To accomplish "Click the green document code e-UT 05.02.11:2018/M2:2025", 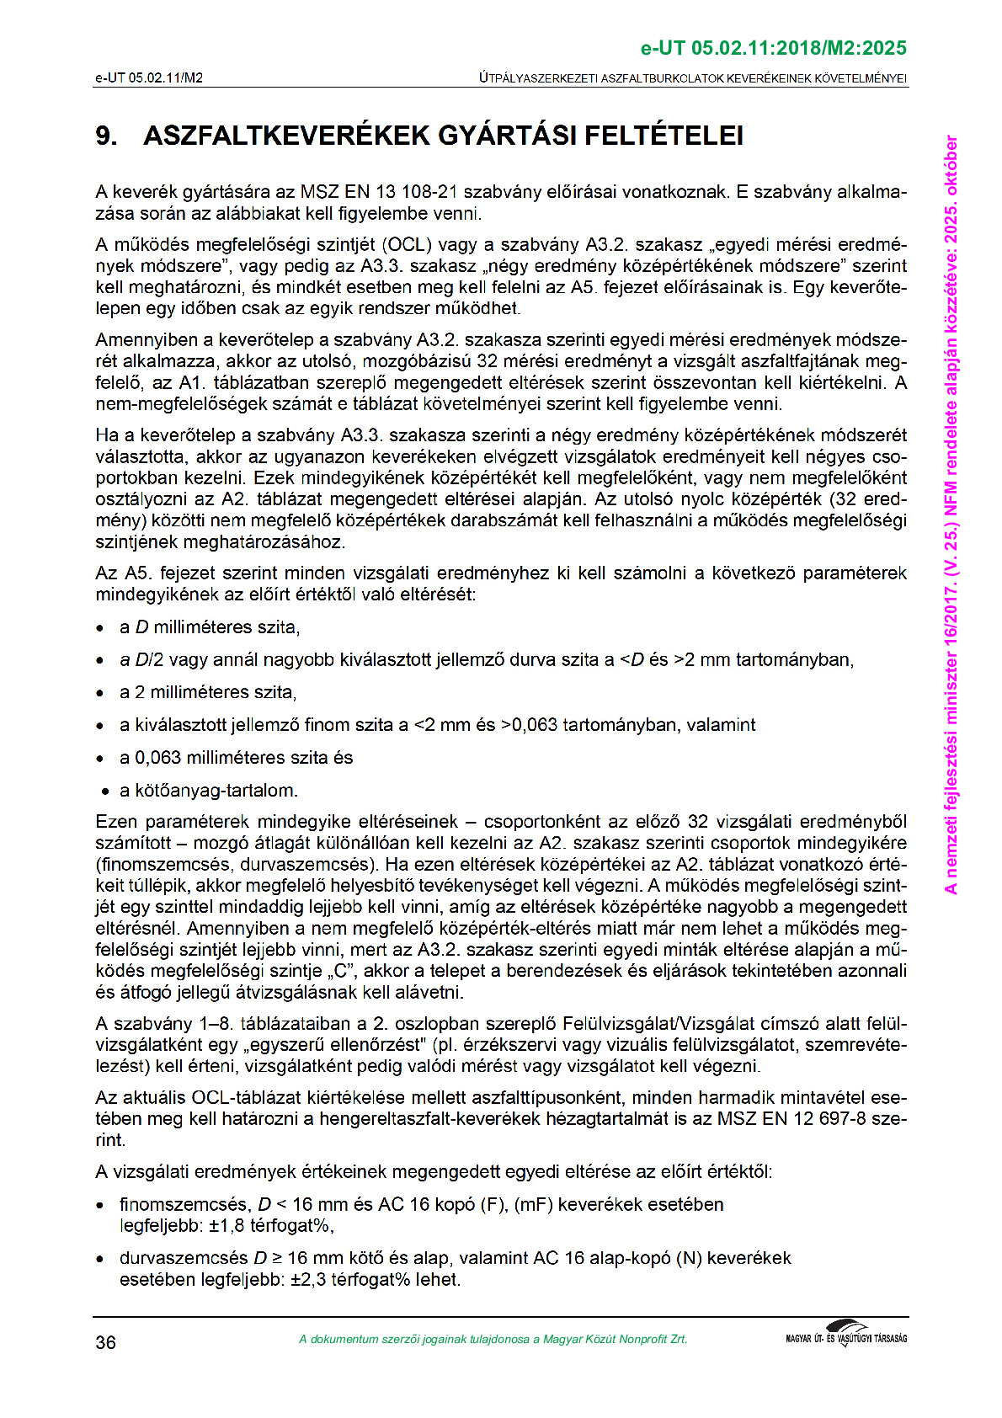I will pos(774,48).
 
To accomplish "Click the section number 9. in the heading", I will pos(106,136).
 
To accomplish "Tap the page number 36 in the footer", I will pos(105,1342).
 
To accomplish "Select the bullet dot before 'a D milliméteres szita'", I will pos(100,628).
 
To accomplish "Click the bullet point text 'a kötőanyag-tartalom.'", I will pos(209,791).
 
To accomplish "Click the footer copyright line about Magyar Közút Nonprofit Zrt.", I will pos(493,1339).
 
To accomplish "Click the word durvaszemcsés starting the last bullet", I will pos(184,1258).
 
